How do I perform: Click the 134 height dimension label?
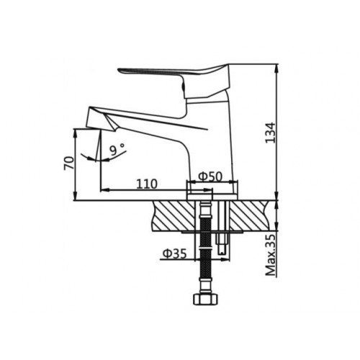click(271, 132)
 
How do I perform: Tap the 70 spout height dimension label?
click(69, 163)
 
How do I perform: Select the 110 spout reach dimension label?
click(147, 184)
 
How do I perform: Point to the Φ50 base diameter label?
click(210, 176)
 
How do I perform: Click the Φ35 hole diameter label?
click(174, 253)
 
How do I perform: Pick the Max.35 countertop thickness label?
click(271, 255)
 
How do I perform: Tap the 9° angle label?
click(117, 149)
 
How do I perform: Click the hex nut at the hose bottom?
click(206, 299)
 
